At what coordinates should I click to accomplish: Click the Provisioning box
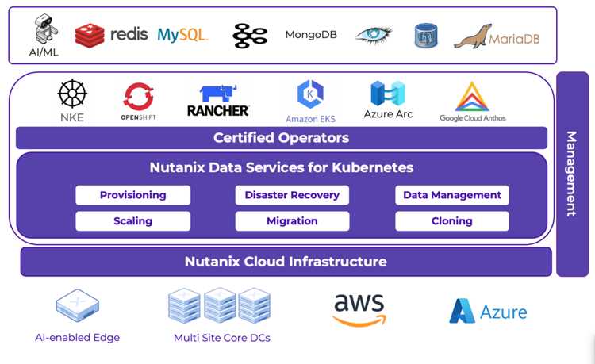coord(132,195)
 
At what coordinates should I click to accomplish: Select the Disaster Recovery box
coord(292,195)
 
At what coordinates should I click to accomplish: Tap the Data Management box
coord(452,195)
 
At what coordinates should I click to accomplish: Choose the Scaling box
coord(132,221)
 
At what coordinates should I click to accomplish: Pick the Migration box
coord(292,221)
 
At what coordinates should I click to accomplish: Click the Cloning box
coord(452,221)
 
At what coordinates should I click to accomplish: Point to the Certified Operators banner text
coord(281,138)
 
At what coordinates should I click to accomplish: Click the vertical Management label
coord(572,174)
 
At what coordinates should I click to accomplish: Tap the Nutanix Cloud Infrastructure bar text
coord(286,262)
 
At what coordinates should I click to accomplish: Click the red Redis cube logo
coord(90,35)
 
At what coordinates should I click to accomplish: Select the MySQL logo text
coord(182,35)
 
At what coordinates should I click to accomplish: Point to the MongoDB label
coord(311,35)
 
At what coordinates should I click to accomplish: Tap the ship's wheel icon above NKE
coord(72,94)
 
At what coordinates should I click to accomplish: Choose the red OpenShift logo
coord(139,97)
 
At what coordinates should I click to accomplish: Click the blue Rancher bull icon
coord(218,94)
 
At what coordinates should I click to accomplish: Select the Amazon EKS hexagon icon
coord(310,94)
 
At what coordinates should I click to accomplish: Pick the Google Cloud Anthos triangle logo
coord(472,97)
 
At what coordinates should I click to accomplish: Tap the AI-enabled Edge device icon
coord(78,305)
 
